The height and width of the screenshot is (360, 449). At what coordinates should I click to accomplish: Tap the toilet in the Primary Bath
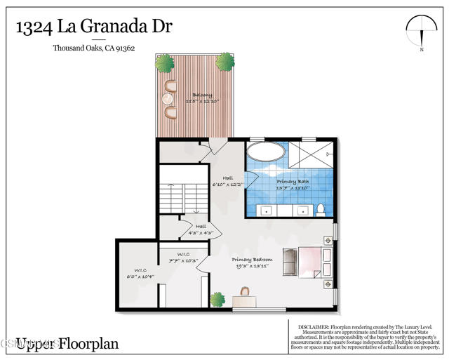click(x=319, y=209)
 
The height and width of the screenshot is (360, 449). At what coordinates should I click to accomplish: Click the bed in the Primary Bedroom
click(x=313, y=262)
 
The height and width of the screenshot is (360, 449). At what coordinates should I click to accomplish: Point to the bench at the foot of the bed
click(x=288, y=262)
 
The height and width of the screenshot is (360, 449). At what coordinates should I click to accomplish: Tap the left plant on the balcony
click(x=164, y=63)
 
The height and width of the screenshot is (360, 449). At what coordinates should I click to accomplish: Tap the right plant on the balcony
click(x=224, y=62)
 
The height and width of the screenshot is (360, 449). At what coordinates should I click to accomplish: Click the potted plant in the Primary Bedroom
click(x=217, y=299)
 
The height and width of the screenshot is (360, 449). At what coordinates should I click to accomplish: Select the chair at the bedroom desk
click(x=245, y=292)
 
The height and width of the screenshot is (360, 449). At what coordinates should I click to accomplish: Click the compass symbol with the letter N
click(x=421, y=32)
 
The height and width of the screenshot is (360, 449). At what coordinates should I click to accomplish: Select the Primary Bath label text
click(x=293, y=182)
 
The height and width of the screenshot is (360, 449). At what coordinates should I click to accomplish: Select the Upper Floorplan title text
click(x=67, y=343)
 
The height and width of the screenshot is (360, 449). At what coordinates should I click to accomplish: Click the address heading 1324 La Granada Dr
click(x=94, y=27)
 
